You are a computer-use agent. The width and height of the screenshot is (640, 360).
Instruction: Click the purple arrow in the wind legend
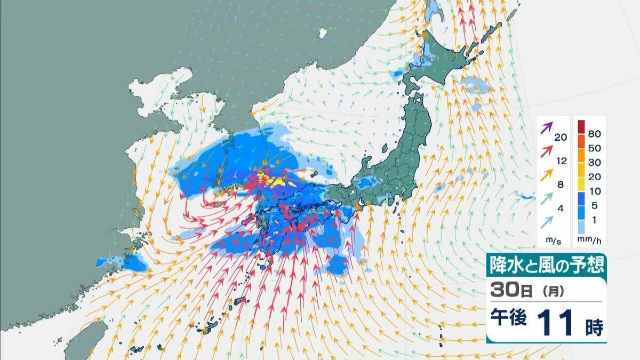pyautogui.click(x=546, y=128)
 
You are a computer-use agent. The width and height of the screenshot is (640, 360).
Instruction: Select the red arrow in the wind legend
pyautogui.click(x=546, y=151)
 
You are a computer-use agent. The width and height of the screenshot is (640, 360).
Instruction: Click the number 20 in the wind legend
pyautogui.click(x=560, y=138)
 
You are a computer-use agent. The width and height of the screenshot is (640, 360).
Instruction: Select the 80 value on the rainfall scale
pyautogui.click(x=593, y=128)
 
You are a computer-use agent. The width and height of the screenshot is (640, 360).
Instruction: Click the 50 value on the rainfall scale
pyautogui.click(x=593, y=146)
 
